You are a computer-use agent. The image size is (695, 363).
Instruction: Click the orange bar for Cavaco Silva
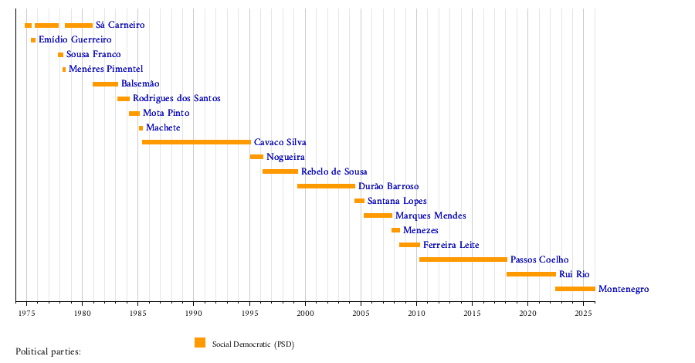(196, 142)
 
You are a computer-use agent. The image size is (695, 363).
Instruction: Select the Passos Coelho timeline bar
(463, 260)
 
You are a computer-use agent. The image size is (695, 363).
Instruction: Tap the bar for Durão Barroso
(326, 186)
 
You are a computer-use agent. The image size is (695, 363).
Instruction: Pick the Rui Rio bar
(531, 274)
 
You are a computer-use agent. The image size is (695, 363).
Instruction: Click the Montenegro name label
(623, 289)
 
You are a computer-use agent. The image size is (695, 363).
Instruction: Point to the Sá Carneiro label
(120, 25)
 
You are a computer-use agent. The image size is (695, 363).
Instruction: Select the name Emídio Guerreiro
(75, 40)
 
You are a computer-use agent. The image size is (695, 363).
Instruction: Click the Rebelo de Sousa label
(334, 171)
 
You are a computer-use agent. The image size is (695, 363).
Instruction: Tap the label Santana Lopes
(397, 201)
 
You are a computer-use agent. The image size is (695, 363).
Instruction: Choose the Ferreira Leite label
(451, 245)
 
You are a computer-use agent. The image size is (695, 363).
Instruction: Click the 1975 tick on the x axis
(26, 314)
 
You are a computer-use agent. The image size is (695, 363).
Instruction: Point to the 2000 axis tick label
(305, 314)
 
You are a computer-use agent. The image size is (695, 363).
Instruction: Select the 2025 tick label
(583, 314)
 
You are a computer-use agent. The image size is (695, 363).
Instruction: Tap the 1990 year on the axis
(194, 314)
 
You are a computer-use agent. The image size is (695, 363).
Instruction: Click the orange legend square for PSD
(200, 343)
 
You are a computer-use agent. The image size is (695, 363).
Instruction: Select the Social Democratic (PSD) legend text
(253, 344)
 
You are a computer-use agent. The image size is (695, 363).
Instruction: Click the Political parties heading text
(48, 351)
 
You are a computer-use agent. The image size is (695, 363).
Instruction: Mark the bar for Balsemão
(105, 83)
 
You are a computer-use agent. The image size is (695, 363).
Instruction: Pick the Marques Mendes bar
(378, 215)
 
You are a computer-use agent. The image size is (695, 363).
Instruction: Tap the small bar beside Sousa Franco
(60, 55)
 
